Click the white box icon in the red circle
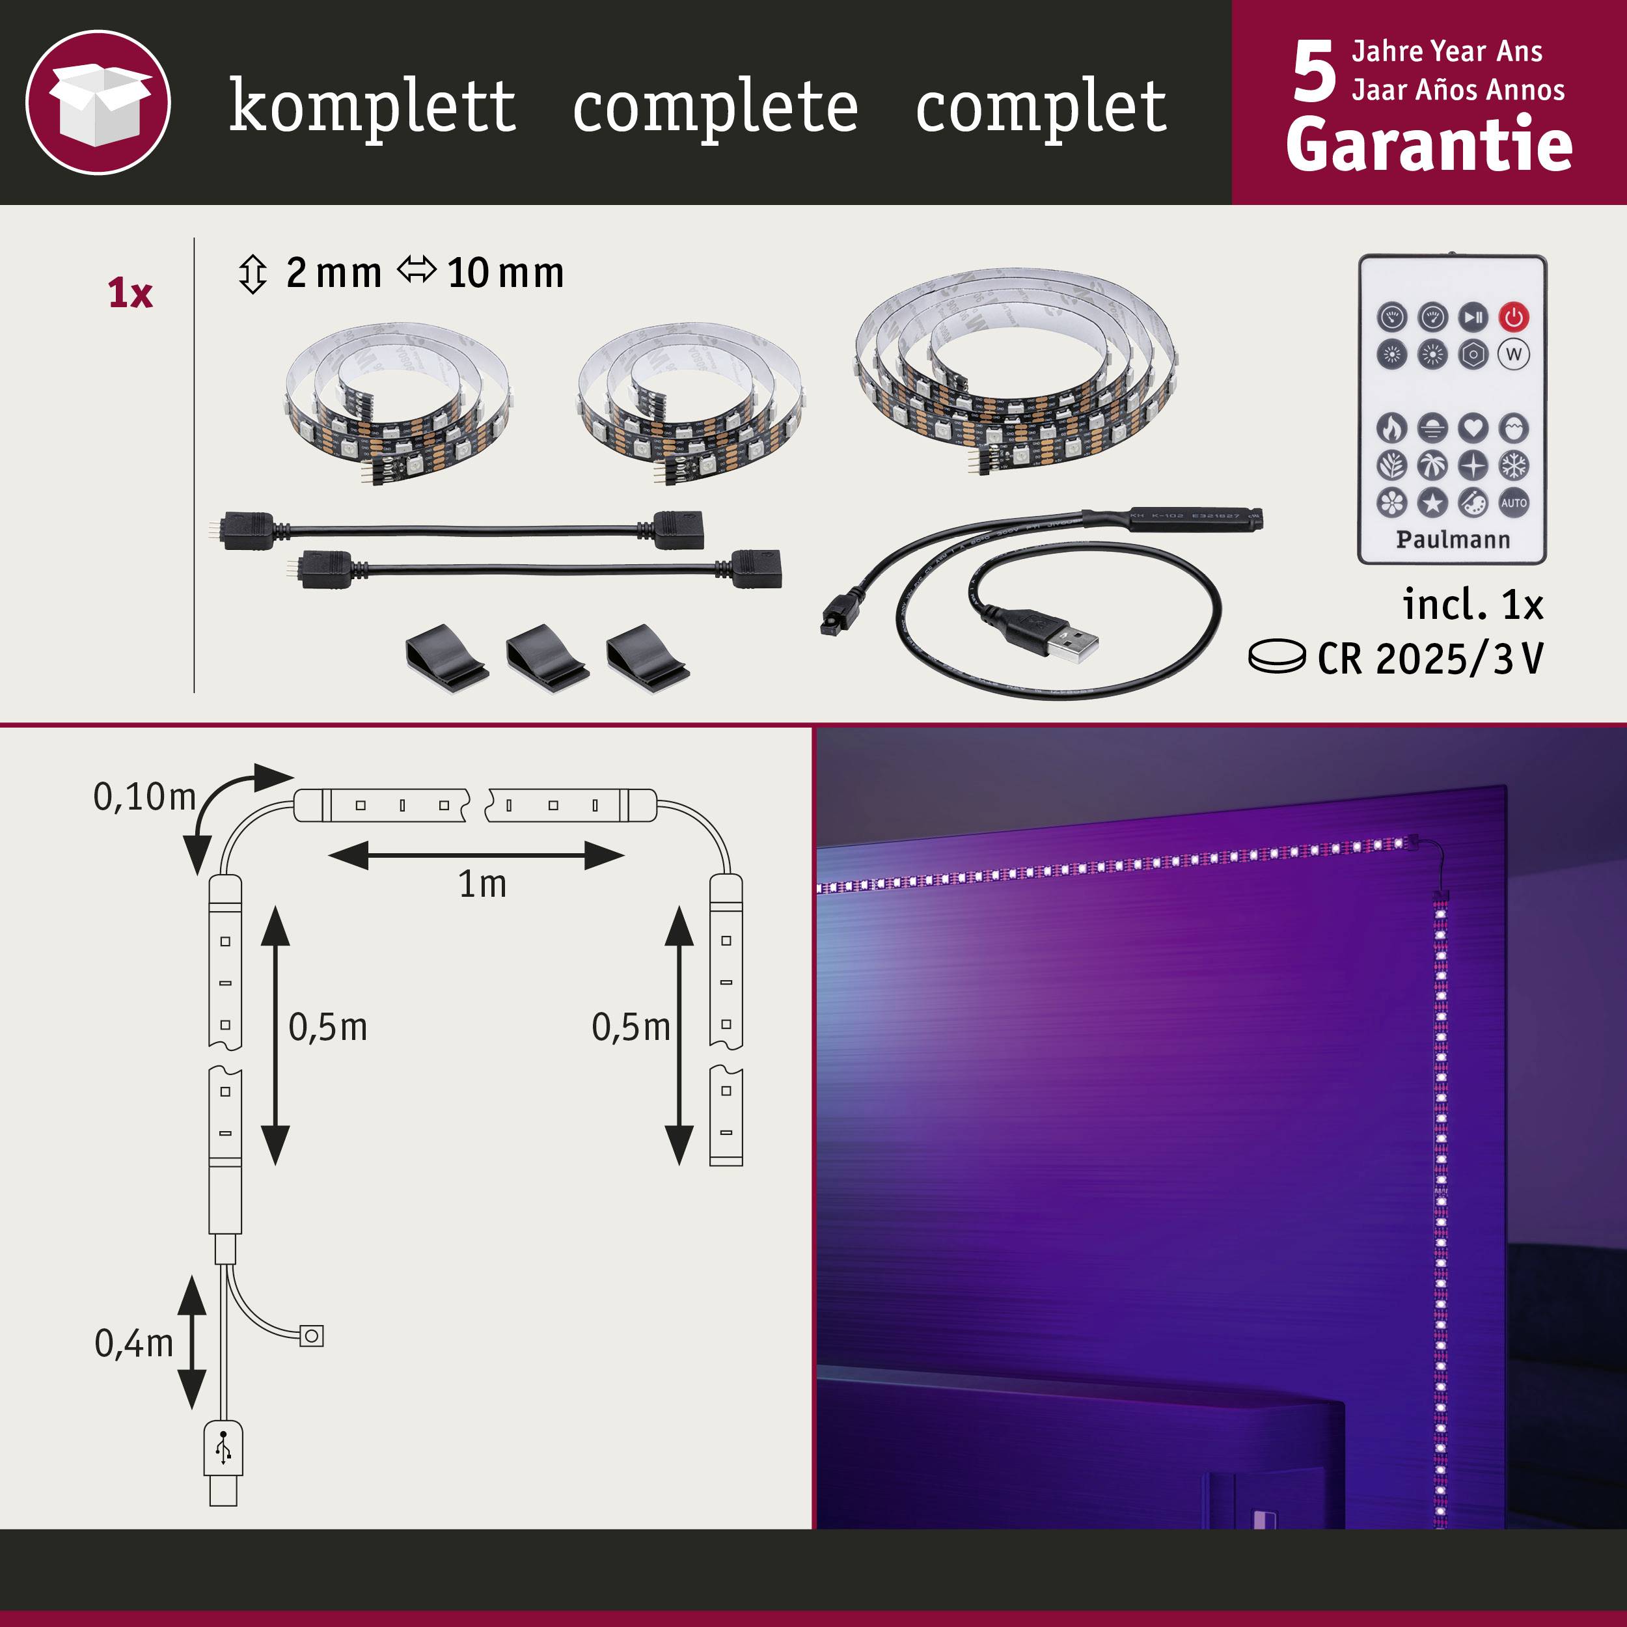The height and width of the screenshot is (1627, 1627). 98,103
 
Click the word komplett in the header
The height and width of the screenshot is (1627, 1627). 372,106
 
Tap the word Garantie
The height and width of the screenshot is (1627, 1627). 1429,145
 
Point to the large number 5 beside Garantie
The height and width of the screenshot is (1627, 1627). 1314,74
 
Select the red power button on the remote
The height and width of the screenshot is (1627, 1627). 1513,318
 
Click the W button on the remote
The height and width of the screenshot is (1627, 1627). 1513,355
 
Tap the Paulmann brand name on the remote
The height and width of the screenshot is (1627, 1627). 1453,540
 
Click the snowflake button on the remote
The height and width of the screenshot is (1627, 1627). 1513,465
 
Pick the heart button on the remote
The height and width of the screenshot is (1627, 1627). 1473,428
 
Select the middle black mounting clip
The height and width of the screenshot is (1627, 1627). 547,659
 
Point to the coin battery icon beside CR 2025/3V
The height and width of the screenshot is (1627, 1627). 1276,657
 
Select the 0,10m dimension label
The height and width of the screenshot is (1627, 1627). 144,797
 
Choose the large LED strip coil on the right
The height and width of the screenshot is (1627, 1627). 1015,370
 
